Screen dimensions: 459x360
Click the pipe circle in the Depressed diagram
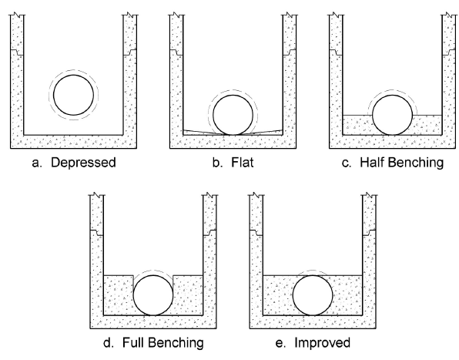tap(54, 95)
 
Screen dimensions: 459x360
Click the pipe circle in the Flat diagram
tap(213, 115)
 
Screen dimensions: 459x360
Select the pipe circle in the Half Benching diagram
tap(373, 115)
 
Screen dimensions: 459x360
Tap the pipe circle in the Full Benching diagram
tap(133, 295)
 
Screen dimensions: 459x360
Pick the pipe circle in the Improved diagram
tap(293, 295)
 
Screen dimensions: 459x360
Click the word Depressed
tap(83, 163)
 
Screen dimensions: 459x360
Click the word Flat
tap(243, 163)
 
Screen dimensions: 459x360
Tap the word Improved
tap(322, 343)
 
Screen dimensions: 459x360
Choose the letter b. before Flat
tap(216, 163)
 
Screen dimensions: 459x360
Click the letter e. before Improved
tap(280, 344)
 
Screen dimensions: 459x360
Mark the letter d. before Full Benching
tap(108, 342)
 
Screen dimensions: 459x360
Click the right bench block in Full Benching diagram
tap(189, 295)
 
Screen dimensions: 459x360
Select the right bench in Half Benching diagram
tap(428, 125)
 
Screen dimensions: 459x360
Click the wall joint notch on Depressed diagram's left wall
tap(18, 52)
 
